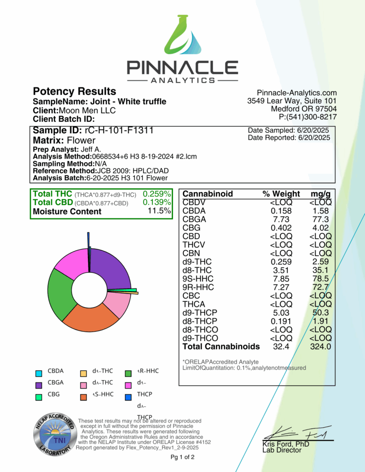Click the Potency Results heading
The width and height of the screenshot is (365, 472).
[x=74, y=91]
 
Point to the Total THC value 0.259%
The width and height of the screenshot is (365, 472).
[x=157, y=194]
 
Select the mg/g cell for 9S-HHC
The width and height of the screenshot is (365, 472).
[x=320, y=279]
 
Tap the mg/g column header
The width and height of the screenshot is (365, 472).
[x=320, y=194]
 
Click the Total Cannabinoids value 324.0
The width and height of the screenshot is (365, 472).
[x=320, y=347]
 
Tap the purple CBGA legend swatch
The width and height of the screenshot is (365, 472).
[x=39, y=383]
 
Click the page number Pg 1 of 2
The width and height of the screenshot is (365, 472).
[x=182, y=457]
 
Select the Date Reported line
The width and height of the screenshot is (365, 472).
[x=289, y=138]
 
